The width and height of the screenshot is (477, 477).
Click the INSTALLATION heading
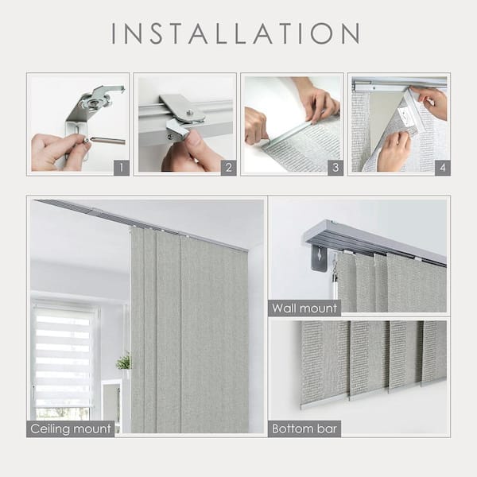tap(235, 33)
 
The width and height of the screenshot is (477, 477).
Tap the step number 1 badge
tap(121, 167)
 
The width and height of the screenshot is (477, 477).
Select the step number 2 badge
tap(227, 167)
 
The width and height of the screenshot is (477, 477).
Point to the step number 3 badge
tap(335, 167)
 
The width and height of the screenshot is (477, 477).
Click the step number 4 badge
tap(441, 167)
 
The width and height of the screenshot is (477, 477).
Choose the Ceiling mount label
tap(71, 429)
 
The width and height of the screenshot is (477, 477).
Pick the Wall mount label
tap(304, 308)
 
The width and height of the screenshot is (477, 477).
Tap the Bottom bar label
tap(305, 429)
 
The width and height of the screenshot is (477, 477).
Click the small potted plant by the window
tap(123, 363)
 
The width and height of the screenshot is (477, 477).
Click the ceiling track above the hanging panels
tap(143, 223)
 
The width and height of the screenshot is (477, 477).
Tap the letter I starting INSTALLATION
tap(115, 33)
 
